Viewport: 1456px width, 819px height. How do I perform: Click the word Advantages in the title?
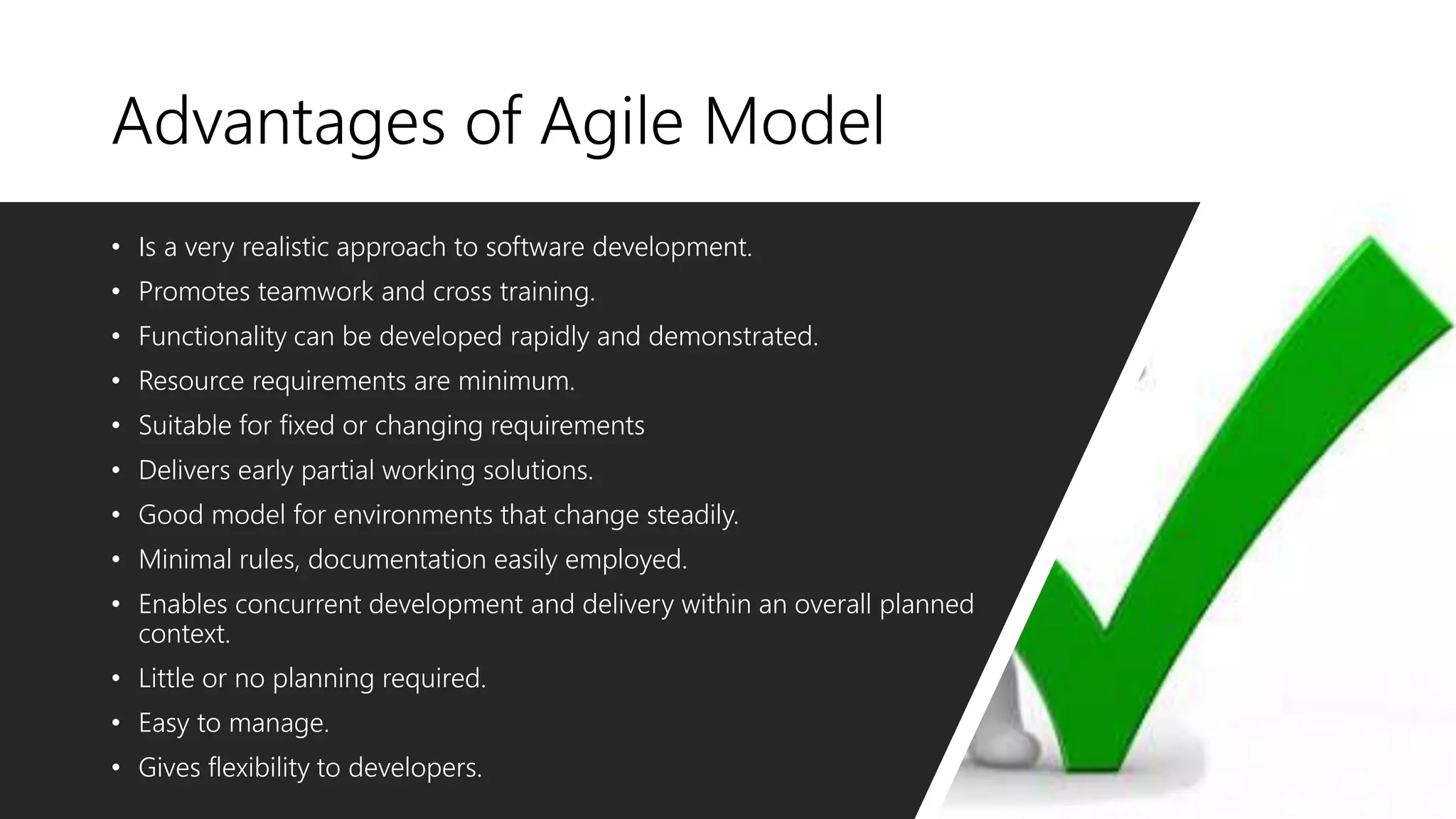pyautogui.click(x=278, y=122)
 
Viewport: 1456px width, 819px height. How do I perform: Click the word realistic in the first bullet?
pyautogui.click(x=285, y=247)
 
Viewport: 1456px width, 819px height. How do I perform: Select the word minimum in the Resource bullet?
pyautogui.click(x=515, y=382)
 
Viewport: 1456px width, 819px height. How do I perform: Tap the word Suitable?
pyautogui.click(x=185, y=426)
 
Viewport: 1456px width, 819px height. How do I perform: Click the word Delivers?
pyautogui.click(x=184, y=471)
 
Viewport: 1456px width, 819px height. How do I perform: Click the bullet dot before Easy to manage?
pyautogui.click(x=116, y=724)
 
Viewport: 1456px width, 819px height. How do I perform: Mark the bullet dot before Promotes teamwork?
pyautogui.click(x=116, y=292)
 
